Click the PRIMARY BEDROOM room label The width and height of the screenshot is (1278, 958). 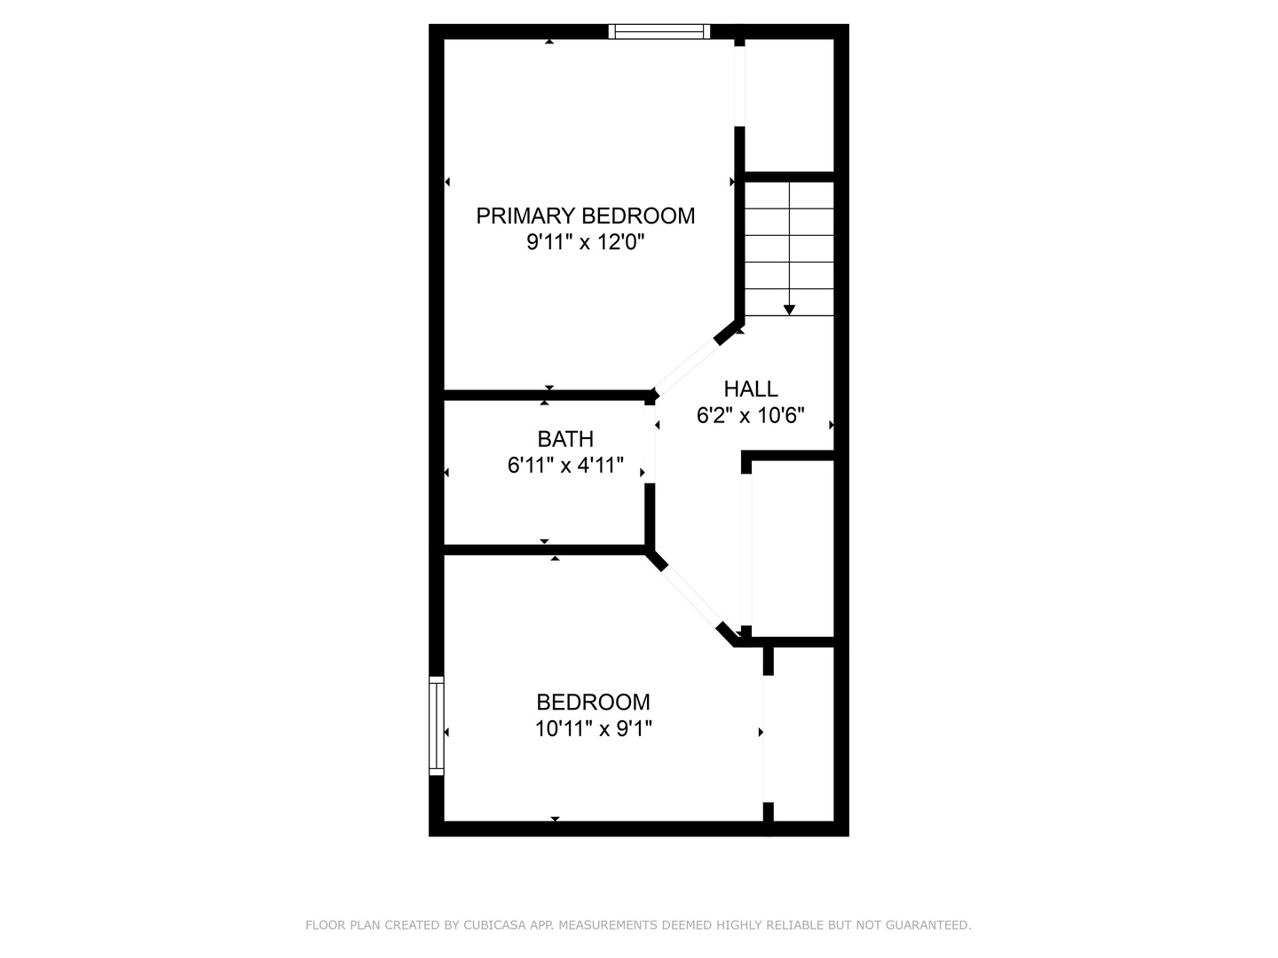pyautogui.click(x=585, y=216)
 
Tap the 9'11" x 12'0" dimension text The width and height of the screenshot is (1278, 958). pyautogui.click(x=585, y=242)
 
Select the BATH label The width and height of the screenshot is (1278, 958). pyautogui.click(x=565, y=439)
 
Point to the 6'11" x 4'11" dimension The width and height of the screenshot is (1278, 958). pyautogui.click(x=565, y=465)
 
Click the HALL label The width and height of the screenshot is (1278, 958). pyautogui.click(x=751, y=389)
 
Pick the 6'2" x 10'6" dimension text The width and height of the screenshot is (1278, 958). pyautogui.click(x=751, y=415)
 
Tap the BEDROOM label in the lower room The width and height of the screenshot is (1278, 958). pyautogui.click(x=593, y=703)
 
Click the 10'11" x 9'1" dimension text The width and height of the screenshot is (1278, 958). pyautogui.click(x=593, y=729)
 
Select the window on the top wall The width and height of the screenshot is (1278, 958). pyautogui.click(x=659, y=32)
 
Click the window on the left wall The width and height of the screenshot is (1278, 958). pyautogui.click(x=436, y=726)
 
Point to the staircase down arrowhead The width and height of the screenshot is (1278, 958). pyautogui.click(x=789, y=310)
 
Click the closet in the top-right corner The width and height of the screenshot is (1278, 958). pyautogui.click(x=789, y=105)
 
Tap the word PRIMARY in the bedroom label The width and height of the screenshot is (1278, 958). pyautogui.click(x=525, y=216)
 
